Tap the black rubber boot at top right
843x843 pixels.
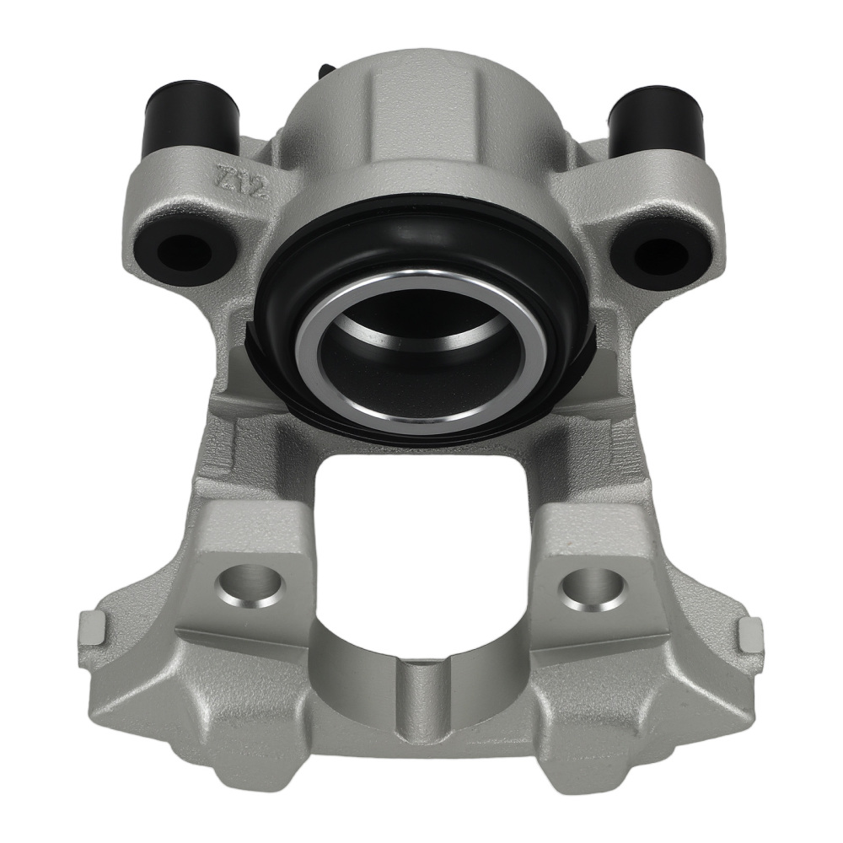tap(655, 120)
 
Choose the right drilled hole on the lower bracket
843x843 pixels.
tap(593, 588)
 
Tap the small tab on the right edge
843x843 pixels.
tap(749, 634)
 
